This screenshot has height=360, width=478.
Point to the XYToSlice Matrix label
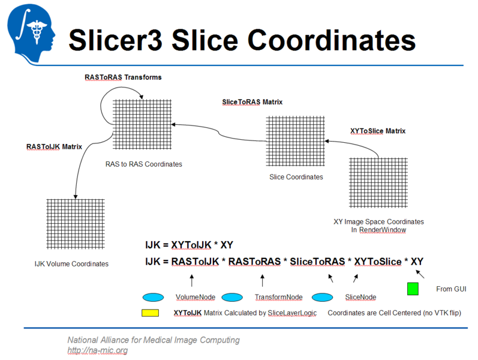[x=377, y=131]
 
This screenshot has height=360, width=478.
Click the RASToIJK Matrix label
[x=54, y=146]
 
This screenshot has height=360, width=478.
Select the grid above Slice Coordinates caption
[x=295, y=142]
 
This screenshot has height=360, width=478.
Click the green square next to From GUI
[x=413, y=289]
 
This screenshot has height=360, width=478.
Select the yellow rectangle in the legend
[x=150, y=313]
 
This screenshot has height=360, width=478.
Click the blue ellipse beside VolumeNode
[x=153, y=297]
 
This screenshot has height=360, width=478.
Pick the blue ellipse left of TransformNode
[x=232, y=297]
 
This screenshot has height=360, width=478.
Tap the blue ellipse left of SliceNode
[x=322, y=297]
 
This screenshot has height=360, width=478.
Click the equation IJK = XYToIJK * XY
[x=190, y=245]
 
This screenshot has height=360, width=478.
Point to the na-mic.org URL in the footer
[x=97, y=350]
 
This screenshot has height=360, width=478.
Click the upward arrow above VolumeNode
[x=192, y=280]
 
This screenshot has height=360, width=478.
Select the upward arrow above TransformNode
[x=262, y=280]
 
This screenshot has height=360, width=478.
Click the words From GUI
[x=451, y=289]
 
